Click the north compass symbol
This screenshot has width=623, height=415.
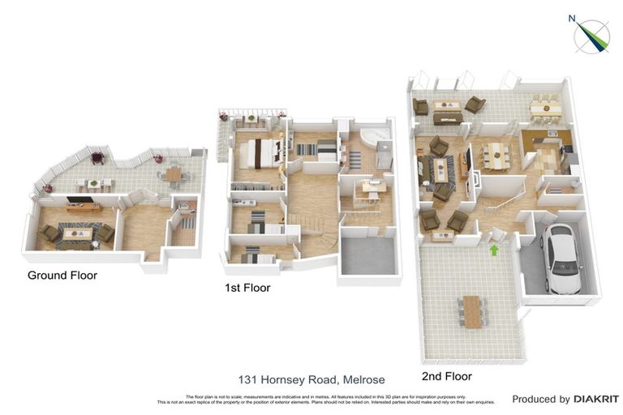click(x=591, y=35)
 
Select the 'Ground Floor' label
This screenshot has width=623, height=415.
click(x=62, y=276)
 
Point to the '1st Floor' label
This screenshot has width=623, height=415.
click(x=247, y=288)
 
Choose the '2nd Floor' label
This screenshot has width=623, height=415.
click(x=446, y=376)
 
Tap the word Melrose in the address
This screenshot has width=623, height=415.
click(x=363, y=379)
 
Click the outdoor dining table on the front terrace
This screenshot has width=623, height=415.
click(x=472, y=311)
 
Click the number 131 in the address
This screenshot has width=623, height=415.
click(x=248, y=379)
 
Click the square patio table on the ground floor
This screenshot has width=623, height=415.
click(x=174, y=173)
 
